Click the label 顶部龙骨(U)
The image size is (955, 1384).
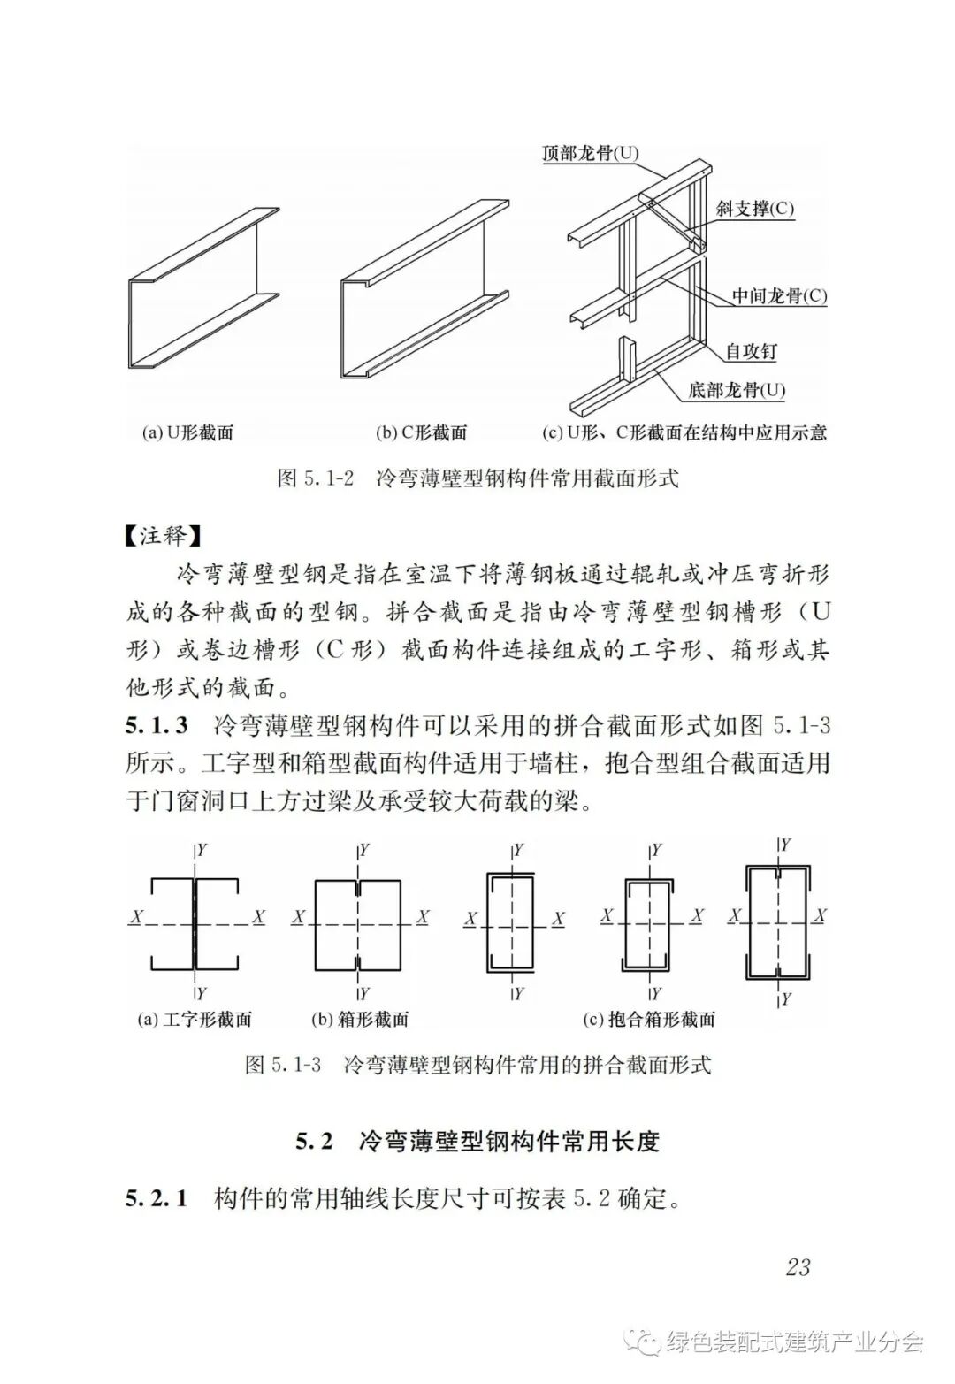coord(590,153)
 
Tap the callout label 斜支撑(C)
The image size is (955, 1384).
coord(755,209)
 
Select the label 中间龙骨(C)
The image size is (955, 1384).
coord(779,295)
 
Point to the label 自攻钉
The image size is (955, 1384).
coord(751,350)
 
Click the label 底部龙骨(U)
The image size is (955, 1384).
coord(737,390)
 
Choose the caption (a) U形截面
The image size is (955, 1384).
coord(187,432)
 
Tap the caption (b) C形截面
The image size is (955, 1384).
coord(422,432)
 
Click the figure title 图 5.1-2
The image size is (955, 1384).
coord(316,478)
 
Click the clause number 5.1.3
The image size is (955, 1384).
coord(157,726)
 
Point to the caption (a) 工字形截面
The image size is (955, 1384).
coord(195,1019)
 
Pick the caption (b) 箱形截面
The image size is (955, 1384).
coord(360,1019)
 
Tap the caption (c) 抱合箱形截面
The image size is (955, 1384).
coord(649,1019)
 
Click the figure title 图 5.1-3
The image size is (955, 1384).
coord(283,1064)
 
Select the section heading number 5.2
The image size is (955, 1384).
coord(314,1141)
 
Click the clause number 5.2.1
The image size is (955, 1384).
coord(157,1199)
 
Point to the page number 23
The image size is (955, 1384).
coord(797,1266)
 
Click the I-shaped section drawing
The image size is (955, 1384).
coord(195,923)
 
